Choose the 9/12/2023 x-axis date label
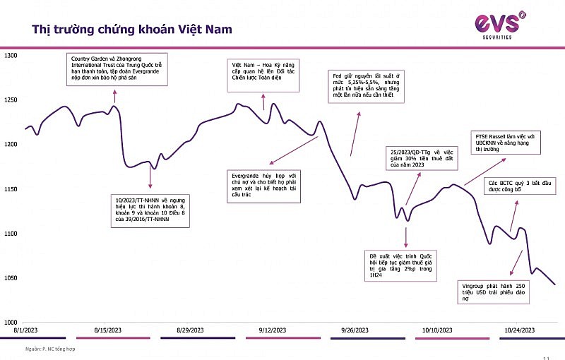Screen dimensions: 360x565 click(x=272, y=330)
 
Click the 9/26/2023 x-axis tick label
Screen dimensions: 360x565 click(x=355, y=330)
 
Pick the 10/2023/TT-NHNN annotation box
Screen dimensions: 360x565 click(x=153, y=209)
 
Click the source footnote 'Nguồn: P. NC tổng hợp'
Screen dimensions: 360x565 click(x=44, y=347)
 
